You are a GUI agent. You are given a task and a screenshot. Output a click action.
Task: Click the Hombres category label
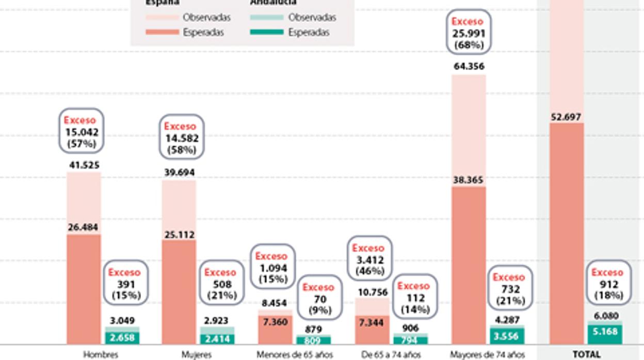pyautogui.click(x=100, y=354)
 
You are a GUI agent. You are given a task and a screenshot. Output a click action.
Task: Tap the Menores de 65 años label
pyautogui.click(x=294, y=354)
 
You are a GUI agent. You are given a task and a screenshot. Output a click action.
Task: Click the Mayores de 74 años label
pyautogui.click(x=487, y=354)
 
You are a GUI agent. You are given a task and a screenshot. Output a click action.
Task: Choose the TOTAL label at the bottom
pyautogui.click(x=587, y=354)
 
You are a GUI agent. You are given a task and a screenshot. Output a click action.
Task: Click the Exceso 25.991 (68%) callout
pyautogui.click(x=469, y=32)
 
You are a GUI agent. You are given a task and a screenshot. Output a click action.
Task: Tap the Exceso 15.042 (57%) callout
pyautogui.click(x=81, y=132)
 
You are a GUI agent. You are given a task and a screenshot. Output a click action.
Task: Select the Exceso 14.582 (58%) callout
pyautogui.click(x=182, y=138)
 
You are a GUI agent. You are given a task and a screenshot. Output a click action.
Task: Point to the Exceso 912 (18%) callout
pyautogui.click(x=607, y=284)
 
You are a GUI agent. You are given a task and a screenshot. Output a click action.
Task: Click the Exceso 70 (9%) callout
pyautogui.click(x=318, y=299)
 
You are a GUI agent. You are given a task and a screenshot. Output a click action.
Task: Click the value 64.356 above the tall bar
pyautogui.click(x=469, y=67)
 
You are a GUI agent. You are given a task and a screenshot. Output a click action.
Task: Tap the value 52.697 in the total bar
pyautogui.click(x=566, y=117)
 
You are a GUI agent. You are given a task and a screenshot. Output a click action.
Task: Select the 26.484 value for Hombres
pyautogui.click(x=84, y=227)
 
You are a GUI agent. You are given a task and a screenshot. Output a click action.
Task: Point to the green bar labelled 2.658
pyautogui.click(x=122, y=338)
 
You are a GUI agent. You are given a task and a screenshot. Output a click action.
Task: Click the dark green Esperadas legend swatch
pyautogui.click(x=267, y=32)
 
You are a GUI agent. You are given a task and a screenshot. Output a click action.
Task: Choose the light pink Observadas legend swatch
pyautogui.click(x=163, y=18)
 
